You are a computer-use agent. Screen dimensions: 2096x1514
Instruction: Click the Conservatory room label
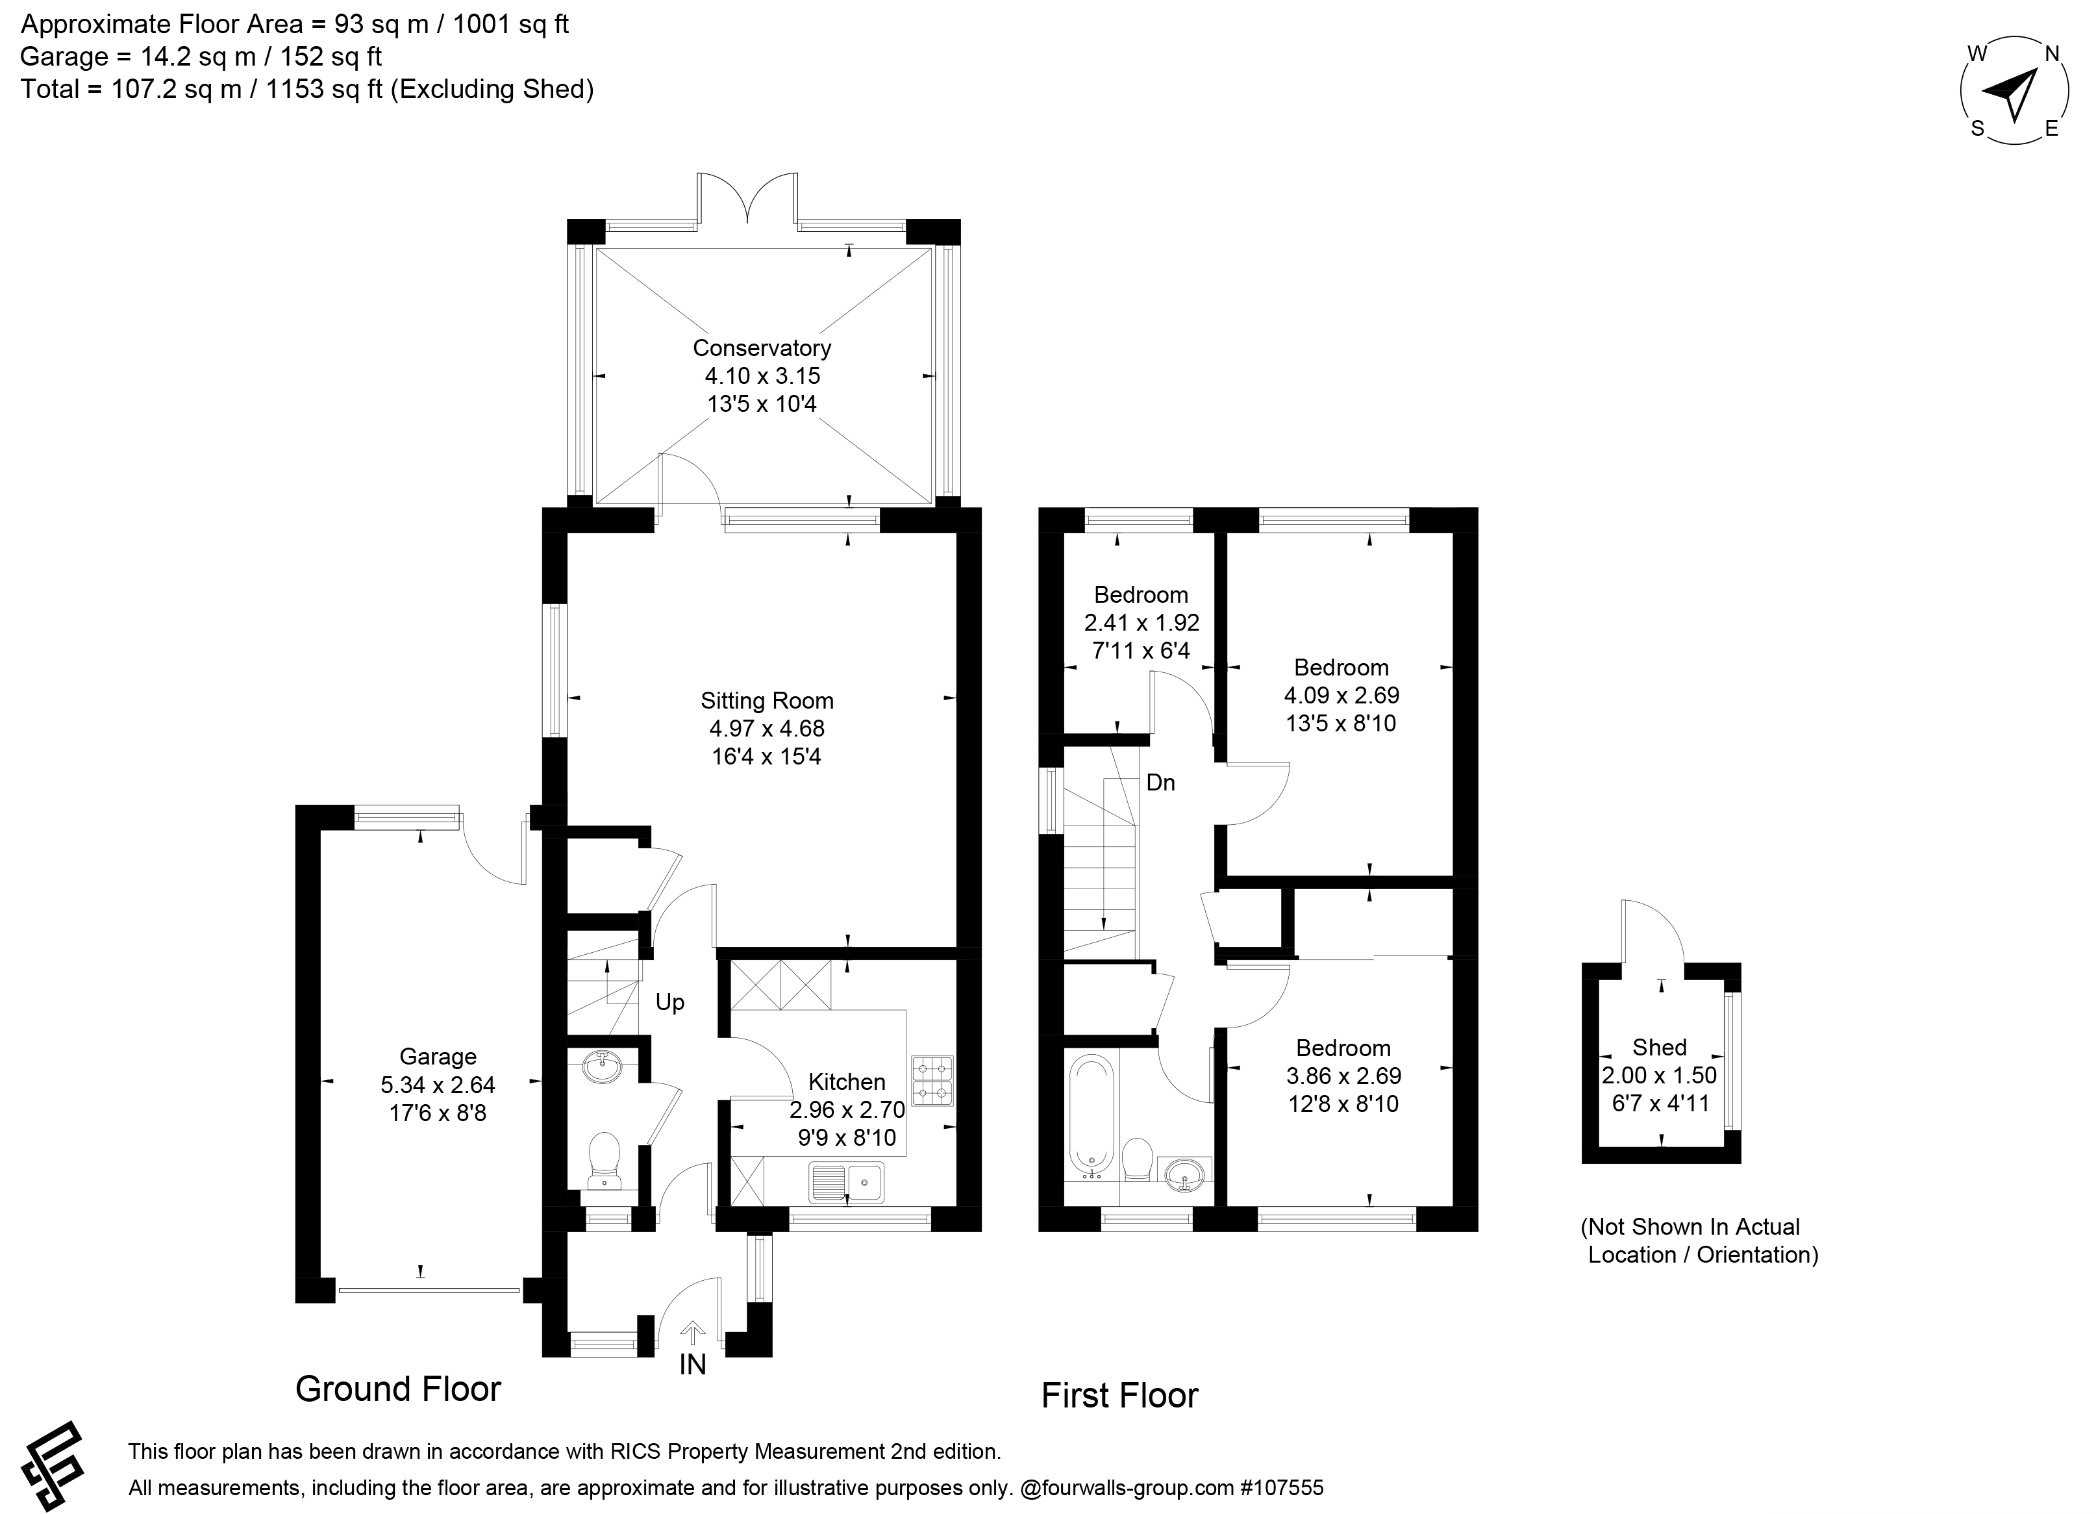tap(762, 347)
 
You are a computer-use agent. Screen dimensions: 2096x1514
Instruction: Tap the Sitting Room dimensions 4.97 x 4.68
tap(766, 728)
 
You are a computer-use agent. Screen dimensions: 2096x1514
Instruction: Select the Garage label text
tap(438, 1057)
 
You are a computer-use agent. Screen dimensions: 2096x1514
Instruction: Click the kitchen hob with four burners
tap(932, 1081)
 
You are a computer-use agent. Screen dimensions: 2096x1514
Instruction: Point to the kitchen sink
tap(847, 1182)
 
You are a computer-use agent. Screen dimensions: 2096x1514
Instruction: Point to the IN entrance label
tap(692, 1364)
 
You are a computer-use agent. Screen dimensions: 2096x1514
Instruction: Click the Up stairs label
tap(670, 1003)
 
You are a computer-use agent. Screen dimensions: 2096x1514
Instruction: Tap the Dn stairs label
tap(1161, 783)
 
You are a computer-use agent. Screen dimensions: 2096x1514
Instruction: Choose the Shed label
tap(1660, 1047)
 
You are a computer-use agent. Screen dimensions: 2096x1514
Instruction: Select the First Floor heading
tap(1119, 1394)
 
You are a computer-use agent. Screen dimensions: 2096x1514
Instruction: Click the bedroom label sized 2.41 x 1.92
tap(1142, 594)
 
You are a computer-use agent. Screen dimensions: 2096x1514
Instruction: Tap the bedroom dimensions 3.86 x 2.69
tap(1343, 1076)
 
